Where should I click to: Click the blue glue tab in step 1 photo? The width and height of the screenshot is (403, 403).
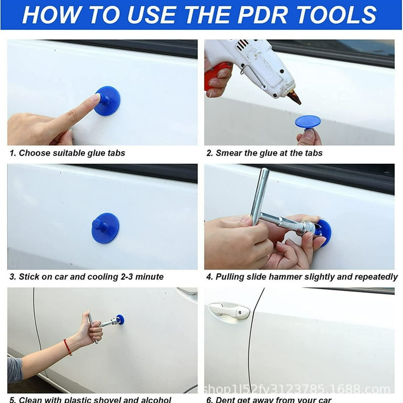pos(108,101)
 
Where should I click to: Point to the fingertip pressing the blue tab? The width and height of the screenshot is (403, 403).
pos(94,99)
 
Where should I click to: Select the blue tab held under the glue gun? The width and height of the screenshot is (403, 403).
pos(307,122)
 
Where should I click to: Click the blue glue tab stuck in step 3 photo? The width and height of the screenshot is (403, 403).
pos(105,228)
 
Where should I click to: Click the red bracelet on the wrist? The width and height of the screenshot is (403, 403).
pos(68,347)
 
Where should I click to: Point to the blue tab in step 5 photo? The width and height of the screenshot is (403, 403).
pos(120,319)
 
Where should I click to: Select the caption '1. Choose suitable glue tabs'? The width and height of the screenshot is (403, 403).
pos(67,153)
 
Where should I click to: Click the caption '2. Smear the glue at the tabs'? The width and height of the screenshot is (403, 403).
pos(264,153)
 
